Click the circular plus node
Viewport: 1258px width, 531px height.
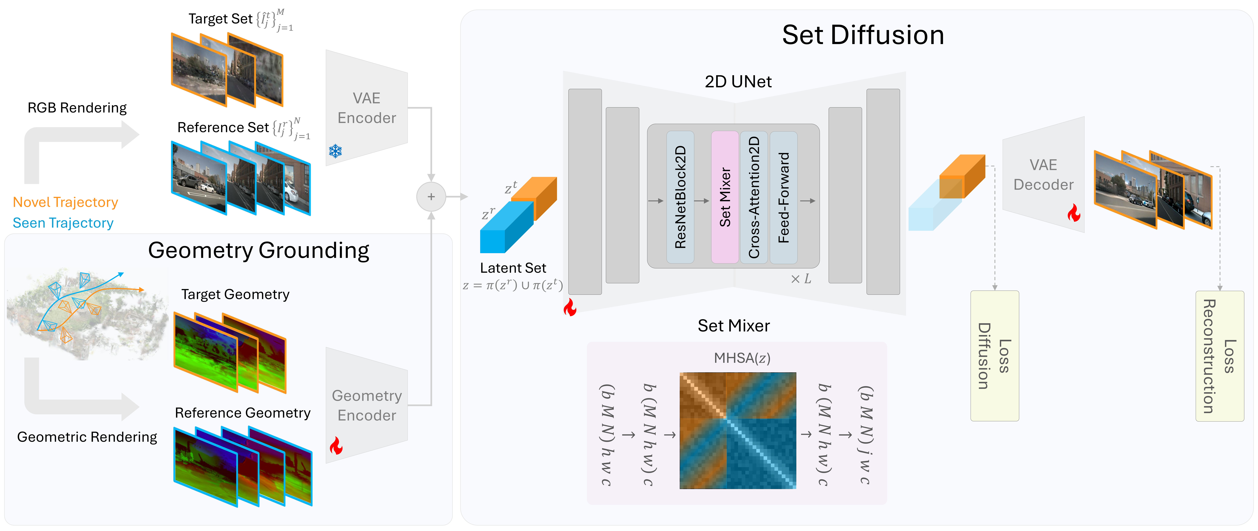[431, 197]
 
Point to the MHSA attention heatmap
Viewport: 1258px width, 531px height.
[737, 430]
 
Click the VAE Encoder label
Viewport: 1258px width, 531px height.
[367, 108]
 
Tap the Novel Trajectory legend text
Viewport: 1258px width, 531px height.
[65, 202]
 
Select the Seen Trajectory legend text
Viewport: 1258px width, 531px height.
[63, 223]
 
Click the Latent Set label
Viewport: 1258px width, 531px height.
[513, 268]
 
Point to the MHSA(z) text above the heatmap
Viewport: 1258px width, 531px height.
[742, 358]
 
